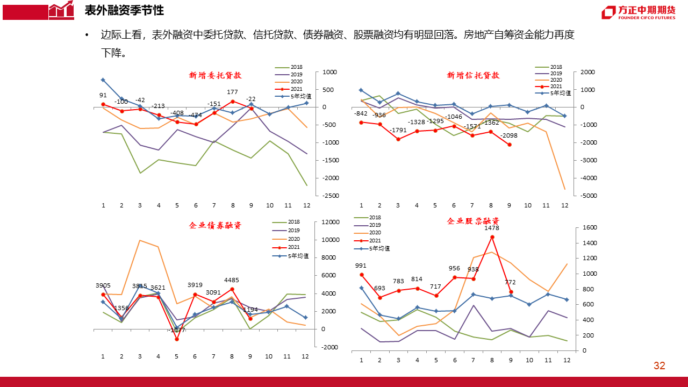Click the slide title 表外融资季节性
[124, 11]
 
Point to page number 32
[660, 366]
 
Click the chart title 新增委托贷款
[216, 76]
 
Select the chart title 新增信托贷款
[474, 76]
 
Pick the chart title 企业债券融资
[216, 226]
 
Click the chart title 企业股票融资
[474, 221]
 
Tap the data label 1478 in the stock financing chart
[492, 228]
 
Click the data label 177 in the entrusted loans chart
[232, 92]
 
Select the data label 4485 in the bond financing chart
[232, 280]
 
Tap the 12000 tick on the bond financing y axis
[331, 223]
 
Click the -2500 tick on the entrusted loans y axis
[330, 196]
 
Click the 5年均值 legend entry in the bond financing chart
[298, 256]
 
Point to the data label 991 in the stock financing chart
[361, 266]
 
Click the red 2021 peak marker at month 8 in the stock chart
[492, 237]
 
